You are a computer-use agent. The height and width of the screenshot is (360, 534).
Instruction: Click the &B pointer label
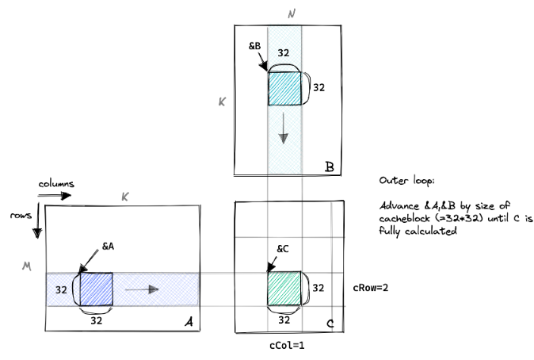tap(255, 46)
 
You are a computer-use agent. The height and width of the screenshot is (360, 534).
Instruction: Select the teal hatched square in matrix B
tap(284, 88)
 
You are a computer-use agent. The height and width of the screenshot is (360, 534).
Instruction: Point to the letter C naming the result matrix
tap(332, 323)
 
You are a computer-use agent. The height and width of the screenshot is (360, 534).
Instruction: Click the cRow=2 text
tap(370, 288)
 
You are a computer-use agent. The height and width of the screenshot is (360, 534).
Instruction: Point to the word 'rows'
tap(19, 214)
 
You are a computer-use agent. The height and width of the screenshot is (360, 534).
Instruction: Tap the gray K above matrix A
tap(124, 196)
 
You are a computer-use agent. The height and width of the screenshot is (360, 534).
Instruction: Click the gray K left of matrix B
tap(223, 101)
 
